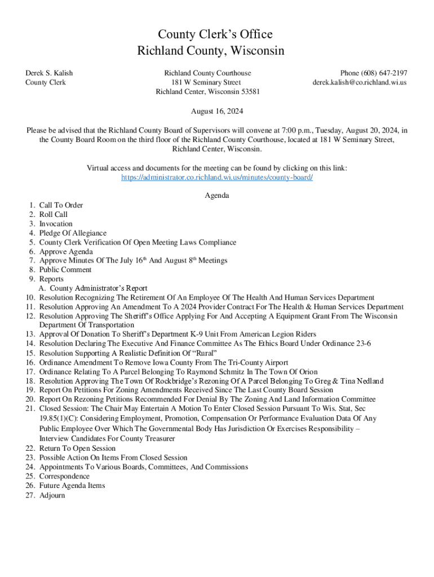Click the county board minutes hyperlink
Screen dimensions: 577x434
coord(217,177)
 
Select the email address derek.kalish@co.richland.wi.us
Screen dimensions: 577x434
coord(360,82)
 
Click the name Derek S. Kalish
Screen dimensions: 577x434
coord(49,73)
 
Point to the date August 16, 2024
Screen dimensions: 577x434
coord(217,112)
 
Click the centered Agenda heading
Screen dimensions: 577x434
coord(217,196)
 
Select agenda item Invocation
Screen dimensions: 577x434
coord(56,224)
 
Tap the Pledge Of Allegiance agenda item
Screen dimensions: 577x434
coord(73,233)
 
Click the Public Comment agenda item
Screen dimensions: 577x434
coord(65,270)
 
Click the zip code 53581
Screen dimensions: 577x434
coord(250,91)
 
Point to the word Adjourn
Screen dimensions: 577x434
coord(52,495)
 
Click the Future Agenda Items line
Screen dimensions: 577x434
coord(72,486)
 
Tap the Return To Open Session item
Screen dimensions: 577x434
coord(77,449)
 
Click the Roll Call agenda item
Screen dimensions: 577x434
coord(54,214)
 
